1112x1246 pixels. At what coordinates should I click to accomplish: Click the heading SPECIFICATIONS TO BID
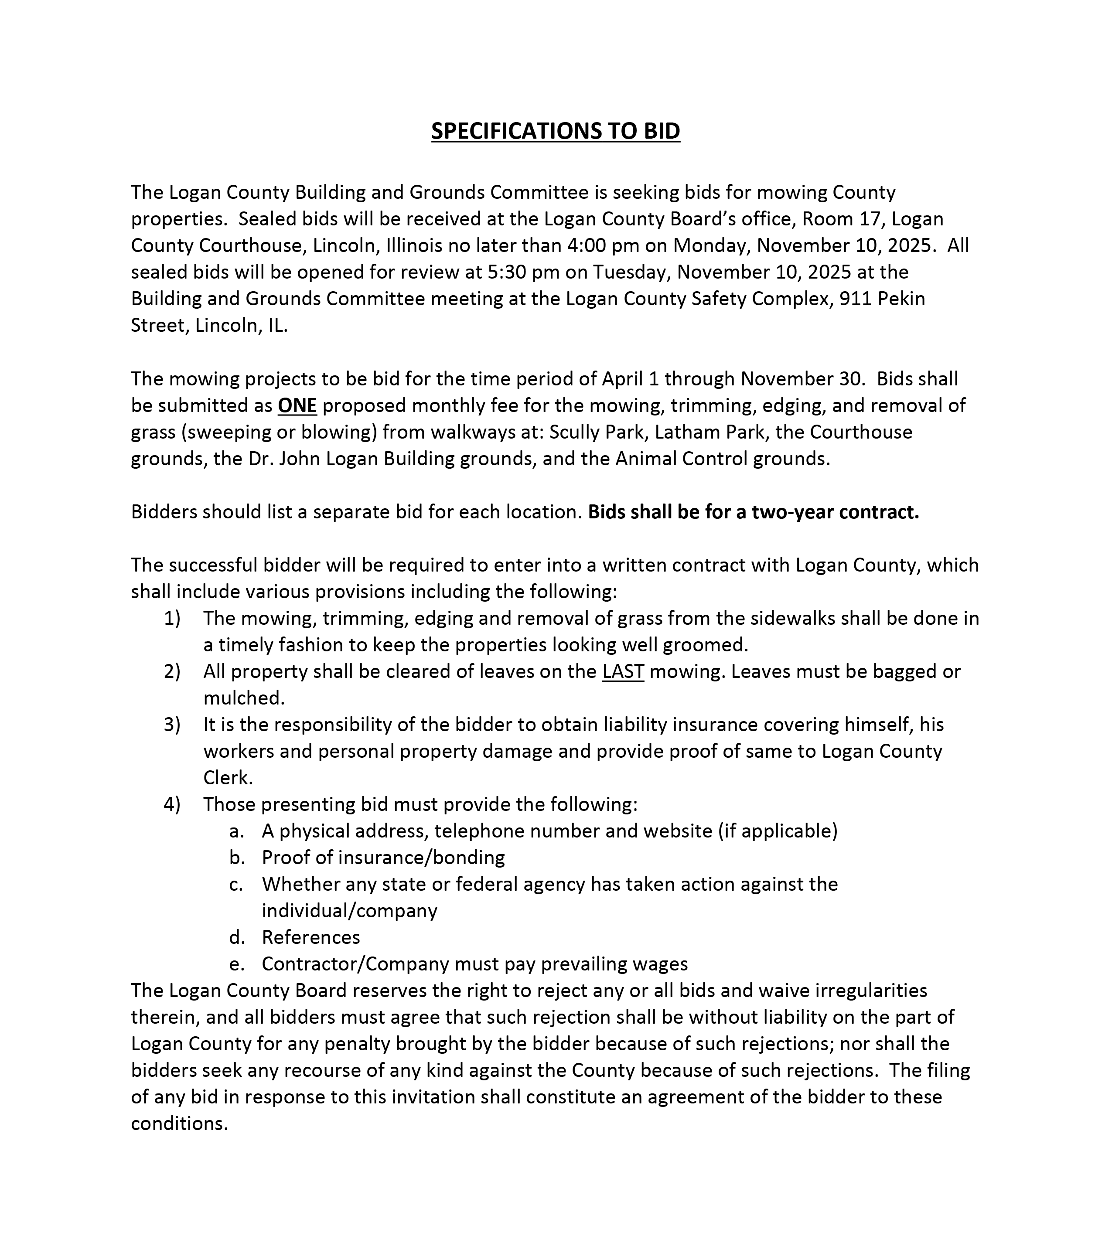[556, 131]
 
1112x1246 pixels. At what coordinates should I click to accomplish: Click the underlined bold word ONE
[297, 405]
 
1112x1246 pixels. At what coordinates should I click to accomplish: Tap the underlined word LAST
[623, 671]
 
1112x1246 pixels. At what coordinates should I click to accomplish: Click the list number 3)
[172, 725]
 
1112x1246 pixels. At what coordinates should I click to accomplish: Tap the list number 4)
[172, 804]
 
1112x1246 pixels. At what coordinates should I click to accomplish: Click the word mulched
[244, 698]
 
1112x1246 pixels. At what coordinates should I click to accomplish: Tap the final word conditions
[179, 1123]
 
